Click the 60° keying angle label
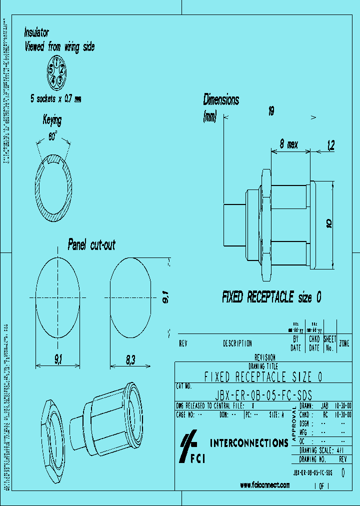[52, 136]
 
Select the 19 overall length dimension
[270, 111]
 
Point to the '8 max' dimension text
[288, 144]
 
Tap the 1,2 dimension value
[330, 145]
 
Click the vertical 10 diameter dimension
[328, 223]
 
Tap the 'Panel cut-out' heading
[91, 245]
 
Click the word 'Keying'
[52, 120]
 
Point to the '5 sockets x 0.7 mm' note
[55, 99]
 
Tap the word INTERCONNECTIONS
[248, 443]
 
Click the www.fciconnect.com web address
[264, 484]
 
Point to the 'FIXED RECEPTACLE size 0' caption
[271, 297]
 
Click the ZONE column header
[344, 343]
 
